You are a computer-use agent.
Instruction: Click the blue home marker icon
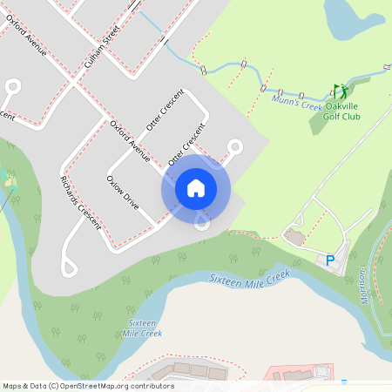click(196, 188)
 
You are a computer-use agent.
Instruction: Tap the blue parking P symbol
click(330, 260)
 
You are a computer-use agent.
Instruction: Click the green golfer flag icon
click(340, 91)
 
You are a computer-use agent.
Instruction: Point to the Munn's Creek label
click(296, 104)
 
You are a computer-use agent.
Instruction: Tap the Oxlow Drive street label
click(122, 193)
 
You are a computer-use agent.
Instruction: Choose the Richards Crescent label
click(80, 206)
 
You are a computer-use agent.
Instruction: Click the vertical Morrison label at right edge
click(360, 283)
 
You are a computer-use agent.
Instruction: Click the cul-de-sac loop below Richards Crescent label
click(68, 267)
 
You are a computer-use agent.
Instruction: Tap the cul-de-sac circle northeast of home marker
click(234, 146)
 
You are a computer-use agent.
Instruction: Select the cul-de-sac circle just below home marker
click(202, 223)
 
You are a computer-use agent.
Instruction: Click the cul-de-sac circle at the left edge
click(12, 86)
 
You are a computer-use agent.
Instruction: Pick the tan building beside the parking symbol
click(294, 237)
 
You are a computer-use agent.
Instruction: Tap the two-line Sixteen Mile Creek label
click(142, 328)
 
